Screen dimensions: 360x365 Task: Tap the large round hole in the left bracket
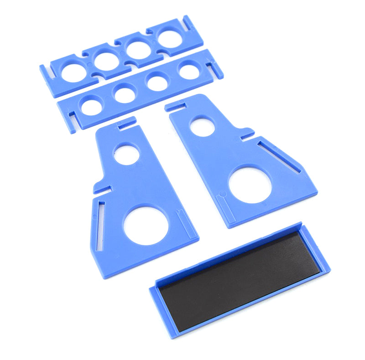click(146, 226)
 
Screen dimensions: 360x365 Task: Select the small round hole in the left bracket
click(127, 154)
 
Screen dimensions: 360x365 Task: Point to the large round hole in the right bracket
click(250, 185)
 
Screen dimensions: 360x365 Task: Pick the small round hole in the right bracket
click(202, 126)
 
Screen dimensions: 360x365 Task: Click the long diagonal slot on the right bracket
click(279, 156)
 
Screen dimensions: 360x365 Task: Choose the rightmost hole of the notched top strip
click(169, 39)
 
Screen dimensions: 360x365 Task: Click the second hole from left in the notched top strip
click(107, 61)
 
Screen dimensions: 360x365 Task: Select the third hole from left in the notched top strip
click(139, 50)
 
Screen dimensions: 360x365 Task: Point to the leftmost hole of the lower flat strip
click(92, 107)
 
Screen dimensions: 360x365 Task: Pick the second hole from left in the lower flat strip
click(125, 95)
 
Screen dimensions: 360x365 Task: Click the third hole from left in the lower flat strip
click(157, 83)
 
